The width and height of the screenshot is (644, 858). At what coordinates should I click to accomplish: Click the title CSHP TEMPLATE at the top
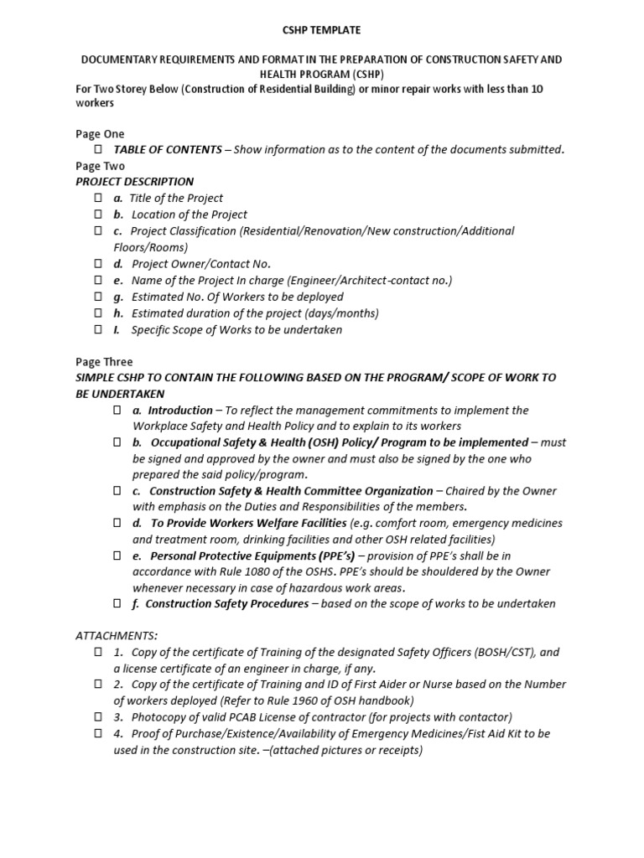click(321, 30)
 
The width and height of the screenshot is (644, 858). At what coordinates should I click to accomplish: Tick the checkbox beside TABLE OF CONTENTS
click(97, 149)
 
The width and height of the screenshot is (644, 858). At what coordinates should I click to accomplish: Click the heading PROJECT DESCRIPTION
click(134, 182)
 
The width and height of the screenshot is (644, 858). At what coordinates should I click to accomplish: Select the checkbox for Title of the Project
click(97, 198)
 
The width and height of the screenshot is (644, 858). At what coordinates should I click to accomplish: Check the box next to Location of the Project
click(97, 214)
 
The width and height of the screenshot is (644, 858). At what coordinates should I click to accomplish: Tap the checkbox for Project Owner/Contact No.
click(97, 264)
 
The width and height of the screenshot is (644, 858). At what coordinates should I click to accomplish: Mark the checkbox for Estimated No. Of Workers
click(97, 297)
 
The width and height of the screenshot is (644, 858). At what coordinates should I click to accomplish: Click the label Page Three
click(104, 362)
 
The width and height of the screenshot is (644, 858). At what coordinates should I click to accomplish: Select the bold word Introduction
click(180, 411)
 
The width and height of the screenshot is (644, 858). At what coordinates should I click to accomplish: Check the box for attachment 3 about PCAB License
click(97, 717)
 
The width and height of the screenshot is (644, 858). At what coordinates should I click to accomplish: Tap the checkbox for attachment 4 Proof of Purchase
click(97, 734)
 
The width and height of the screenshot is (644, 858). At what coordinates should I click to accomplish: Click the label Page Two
click(100, 166)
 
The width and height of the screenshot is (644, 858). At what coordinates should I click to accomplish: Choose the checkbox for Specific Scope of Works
click(97, 329)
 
